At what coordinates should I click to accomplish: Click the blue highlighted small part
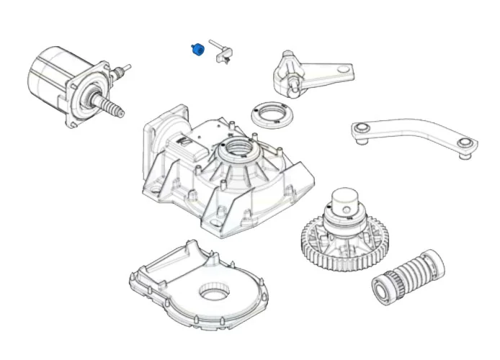tap(196, 50)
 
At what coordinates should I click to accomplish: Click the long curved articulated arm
tap(414, 135)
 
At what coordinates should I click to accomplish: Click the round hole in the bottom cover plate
tap(213, 291)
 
